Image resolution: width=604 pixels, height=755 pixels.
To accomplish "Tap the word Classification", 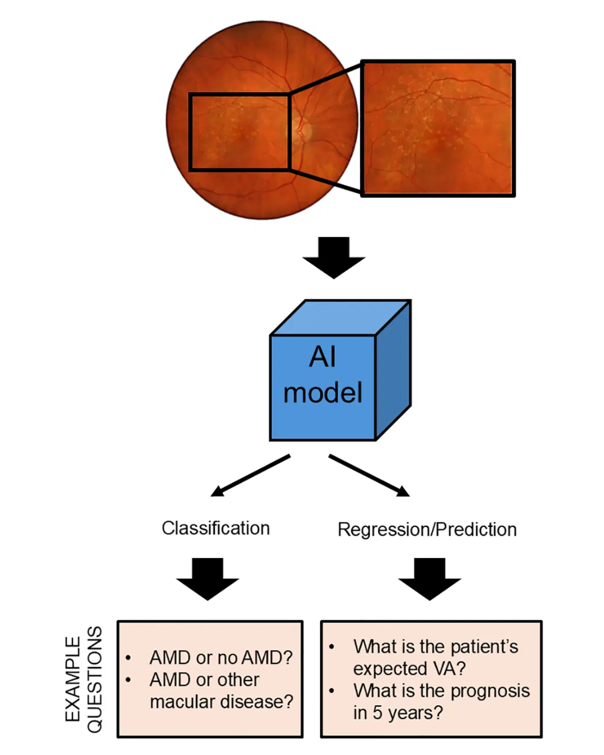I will (x=215, y=528).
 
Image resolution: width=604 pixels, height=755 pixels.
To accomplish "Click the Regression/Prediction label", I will (x=427, y=529).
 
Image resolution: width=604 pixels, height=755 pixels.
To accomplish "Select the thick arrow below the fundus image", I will (x=334, y=257).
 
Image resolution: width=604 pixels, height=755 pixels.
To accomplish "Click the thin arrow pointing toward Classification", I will (x=250, y=475).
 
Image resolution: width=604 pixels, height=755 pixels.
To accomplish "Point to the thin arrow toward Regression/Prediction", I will (x=369, y=475).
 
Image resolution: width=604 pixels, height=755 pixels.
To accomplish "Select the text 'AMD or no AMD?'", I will (x=220, y=657).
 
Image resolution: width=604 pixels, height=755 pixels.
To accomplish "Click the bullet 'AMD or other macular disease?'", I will (x=220, y=691).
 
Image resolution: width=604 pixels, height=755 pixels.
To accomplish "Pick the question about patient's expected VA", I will (x=435, y=657).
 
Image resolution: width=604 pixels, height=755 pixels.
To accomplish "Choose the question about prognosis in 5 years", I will (x=441, y=702).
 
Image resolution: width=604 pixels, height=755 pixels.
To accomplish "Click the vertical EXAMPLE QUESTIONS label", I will (x=84, y=679).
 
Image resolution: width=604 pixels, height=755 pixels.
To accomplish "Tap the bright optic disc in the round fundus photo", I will (x=306, y=130).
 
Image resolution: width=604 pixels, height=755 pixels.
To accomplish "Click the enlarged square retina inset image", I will (x=437, y=129).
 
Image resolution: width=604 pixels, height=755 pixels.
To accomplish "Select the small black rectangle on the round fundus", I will (x=190, y=131).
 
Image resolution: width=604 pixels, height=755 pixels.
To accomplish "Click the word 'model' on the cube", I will (x=323, y=393).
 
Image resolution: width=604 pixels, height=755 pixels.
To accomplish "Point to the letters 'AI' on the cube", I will (x=323, y=356).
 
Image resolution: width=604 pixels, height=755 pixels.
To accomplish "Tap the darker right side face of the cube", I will (x=394, y=369).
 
